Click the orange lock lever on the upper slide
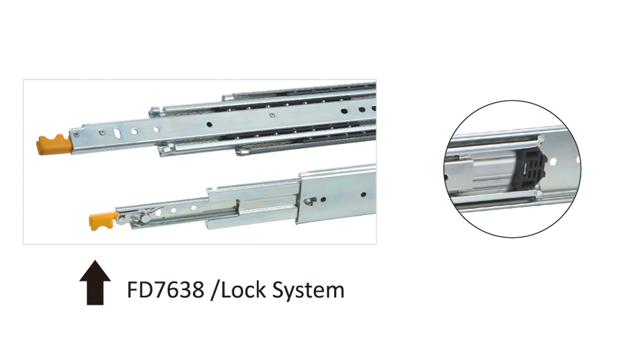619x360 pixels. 55,145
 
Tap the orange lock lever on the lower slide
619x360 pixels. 103,220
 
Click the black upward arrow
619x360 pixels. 95,283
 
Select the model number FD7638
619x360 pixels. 166,290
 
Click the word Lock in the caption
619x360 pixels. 243,290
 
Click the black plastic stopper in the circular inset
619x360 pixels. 529,166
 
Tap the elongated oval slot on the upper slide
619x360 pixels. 118,132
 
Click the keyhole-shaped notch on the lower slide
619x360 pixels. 309,202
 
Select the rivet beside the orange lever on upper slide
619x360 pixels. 76,135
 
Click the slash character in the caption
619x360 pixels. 214,291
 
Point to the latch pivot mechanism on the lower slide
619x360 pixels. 134,217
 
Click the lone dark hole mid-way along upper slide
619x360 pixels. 209,125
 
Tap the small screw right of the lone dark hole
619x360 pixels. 271,115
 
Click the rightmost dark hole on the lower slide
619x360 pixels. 363,194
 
